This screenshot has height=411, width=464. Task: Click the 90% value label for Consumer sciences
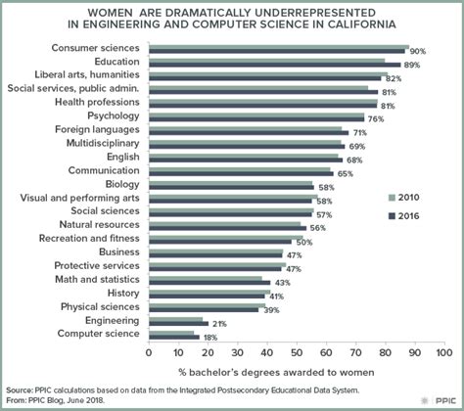[x=418, y=51]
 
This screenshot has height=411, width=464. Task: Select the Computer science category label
[x=96, y=334]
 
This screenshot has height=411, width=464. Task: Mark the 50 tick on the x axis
[x=296, y=350]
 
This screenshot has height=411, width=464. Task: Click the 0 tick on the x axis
[x=149, y=350]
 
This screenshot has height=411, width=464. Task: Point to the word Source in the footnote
[x=20, y=388]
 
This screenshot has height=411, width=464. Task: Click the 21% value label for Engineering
[x=219, y=323]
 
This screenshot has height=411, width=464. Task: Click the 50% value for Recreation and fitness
[x=303, y=242]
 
